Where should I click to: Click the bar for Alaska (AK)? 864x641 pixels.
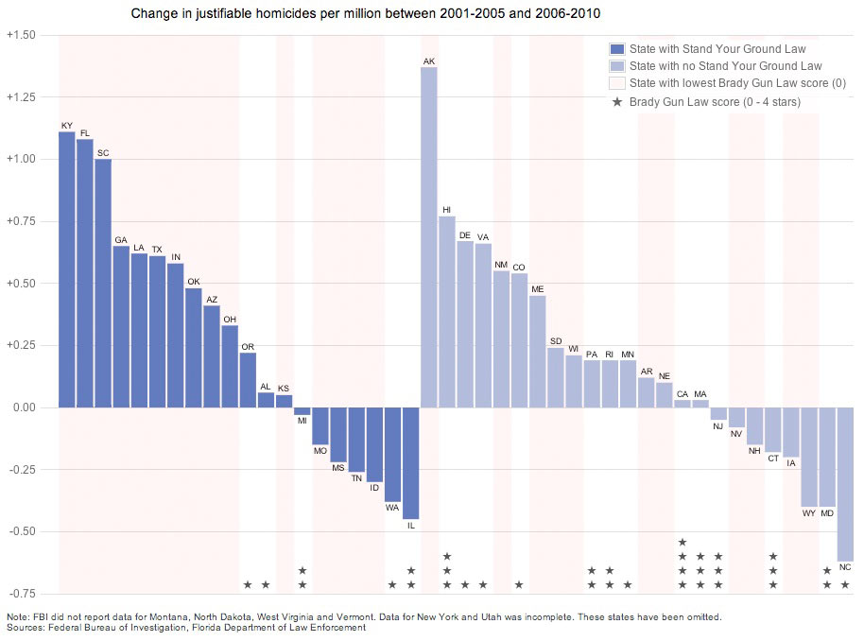[x=429, y=236]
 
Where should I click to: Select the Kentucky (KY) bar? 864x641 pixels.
[x=66, y=269]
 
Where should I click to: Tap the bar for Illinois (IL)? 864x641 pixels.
[x=411, y=463]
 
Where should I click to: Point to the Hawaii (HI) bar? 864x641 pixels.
[x=447, y=312]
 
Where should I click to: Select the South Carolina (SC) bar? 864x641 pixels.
[x=103, y=284]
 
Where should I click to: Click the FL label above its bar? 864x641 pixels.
[x=85, y=133]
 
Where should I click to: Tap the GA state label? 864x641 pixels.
[x=121, y=240]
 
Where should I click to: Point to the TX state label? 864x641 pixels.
[x=157, y=250]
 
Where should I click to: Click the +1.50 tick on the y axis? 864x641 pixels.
[x=21, y=35]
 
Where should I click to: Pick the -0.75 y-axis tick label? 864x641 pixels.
[x=21, y=594]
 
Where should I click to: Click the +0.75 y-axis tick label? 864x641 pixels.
[x=21, y=221]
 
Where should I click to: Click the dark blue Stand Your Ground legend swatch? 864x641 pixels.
[x=617, y=49]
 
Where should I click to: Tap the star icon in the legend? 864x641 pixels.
[x=617, y=101]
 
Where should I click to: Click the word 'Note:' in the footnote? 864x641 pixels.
[x=19, y=616]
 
